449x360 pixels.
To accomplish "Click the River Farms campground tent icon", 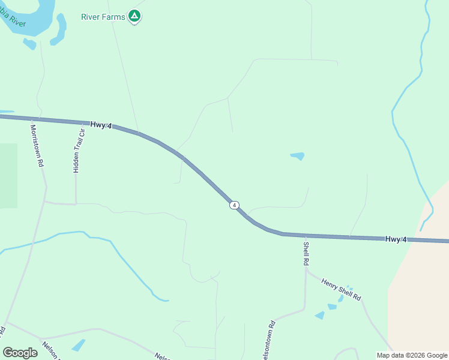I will tap(135, 16).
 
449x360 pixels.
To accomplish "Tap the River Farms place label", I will tap(103, 17).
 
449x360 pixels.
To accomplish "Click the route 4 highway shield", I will tap(234, 205).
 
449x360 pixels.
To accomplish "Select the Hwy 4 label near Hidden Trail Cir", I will tap(101, 125).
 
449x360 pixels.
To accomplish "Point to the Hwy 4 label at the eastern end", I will tap(396, 239).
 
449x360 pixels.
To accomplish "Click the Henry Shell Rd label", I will tap(341, 289).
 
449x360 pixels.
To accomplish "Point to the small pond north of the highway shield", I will tap(297, 156).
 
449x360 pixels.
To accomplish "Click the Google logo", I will tap(20, 353).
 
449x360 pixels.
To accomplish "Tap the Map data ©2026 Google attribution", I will tap(411, 355).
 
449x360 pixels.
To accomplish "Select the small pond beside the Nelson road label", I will tap(78, 345).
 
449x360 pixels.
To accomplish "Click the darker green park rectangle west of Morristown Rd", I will tap(8, 175).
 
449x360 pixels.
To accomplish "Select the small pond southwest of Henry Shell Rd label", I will tap(320, 315).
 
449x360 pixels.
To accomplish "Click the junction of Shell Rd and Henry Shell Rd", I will tap(306, 271).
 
